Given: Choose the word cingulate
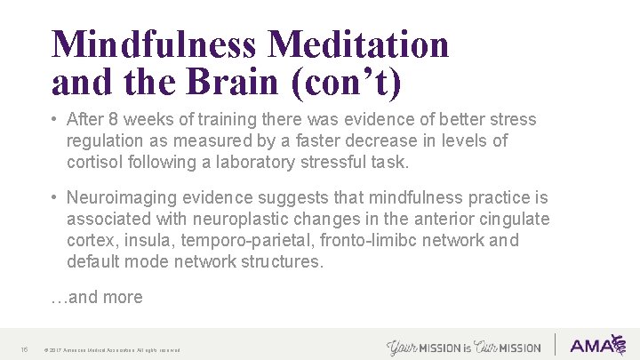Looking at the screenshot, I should coord(514,219).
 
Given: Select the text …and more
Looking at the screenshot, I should coord(97,298).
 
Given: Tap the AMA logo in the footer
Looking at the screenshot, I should coord(597,346).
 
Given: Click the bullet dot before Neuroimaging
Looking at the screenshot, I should coord(55,197).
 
